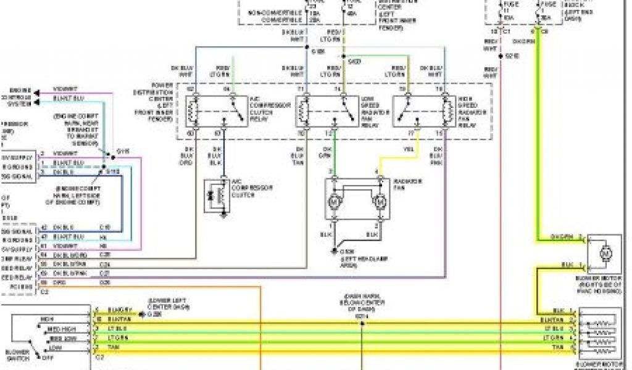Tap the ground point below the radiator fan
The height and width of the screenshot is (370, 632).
pos(334,252)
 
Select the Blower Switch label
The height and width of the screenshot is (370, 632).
pos(18,354)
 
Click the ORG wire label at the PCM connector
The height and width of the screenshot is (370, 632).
pos(59,282)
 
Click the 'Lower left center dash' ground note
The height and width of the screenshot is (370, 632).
pos(164,304)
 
